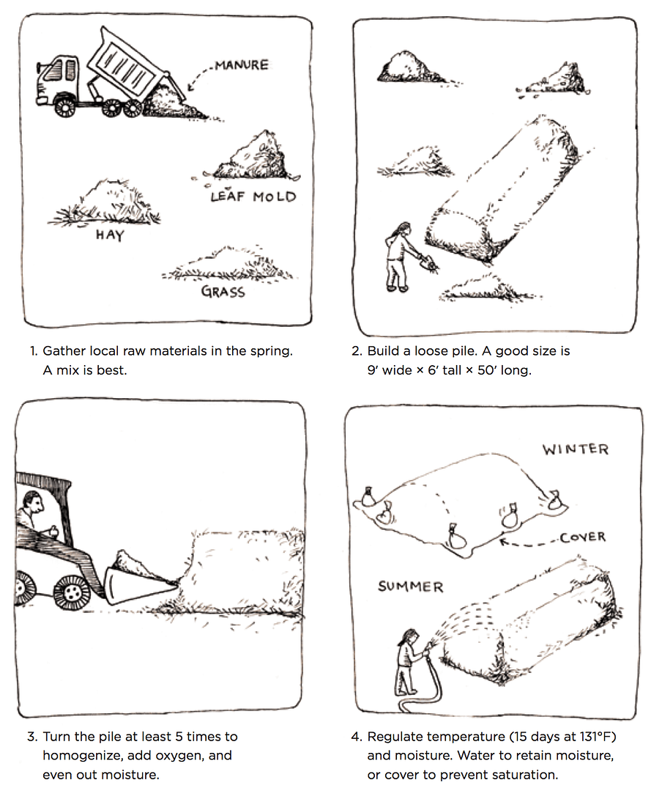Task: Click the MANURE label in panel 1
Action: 242,65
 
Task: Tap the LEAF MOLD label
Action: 253,196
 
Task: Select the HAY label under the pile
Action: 110,235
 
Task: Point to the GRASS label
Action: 223,292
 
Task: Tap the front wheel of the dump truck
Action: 64,106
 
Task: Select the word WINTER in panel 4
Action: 576,449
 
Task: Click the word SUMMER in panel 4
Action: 411,586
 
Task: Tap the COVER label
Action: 583,537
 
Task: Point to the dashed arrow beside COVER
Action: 528,542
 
